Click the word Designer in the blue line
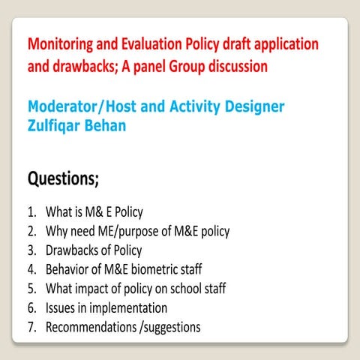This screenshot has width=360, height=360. tap(250, 106)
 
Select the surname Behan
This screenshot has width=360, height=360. tap(104, 125)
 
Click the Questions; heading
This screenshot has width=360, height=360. tap(63, 180)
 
